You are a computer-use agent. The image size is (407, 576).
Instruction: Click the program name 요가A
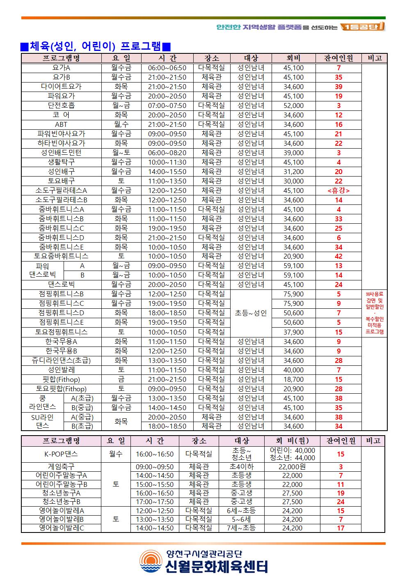tap(61, 68)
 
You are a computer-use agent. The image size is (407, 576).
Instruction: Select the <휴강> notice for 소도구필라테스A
tap(338, 190)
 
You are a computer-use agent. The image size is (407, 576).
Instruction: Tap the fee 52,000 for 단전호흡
tap(293, 106)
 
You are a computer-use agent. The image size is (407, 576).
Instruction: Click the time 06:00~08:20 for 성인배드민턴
tap(167, 153)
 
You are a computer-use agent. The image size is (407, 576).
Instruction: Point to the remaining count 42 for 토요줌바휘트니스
tap(338, 256)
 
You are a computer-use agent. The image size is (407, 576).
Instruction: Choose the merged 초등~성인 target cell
tap(251, 313)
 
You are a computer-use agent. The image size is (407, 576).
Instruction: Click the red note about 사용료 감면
tap(375, 313)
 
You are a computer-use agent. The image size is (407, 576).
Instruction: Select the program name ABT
tap(61, 124)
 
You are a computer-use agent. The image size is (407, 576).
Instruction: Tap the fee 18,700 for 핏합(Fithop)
tap(293, 379)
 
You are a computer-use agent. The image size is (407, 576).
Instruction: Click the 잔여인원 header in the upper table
tap(338, 58)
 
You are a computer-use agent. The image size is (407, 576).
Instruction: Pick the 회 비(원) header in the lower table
tap(292, 441)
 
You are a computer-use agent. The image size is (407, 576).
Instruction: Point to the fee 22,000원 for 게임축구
tap(292, 467)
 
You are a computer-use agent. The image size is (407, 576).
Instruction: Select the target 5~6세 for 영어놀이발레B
tap(241, 519)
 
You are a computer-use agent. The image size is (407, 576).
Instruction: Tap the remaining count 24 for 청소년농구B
tap(341, 502)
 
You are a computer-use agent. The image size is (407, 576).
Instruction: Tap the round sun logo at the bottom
tap(151, 562)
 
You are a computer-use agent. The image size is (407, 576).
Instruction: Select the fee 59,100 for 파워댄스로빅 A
tap(293, 266)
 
